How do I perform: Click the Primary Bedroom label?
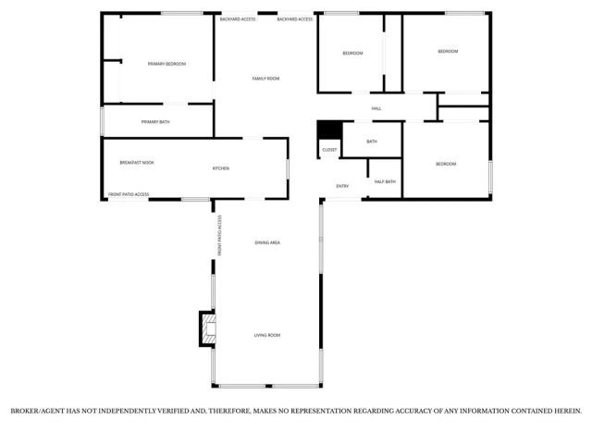[x=166, y=64]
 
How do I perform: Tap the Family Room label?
[x=265, y=79]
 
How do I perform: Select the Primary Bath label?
[x=155, y=122]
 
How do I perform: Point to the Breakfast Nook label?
[x=137, y=163]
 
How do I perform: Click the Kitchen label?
[x=221, y=168]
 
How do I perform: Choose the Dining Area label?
[x=267, y=242]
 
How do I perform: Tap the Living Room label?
[x=267, y=335]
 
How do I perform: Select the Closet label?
[x=329, y=150]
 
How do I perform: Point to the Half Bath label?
[x=385, y=181]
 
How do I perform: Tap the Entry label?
[x=342, y=187]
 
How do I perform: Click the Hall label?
[x=376, y=109]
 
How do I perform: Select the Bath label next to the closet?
[x=371, y=142]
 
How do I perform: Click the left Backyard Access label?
[x=239, y=18]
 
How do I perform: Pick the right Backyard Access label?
[x=295, y=18]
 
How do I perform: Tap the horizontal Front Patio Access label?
[x=129, y=194]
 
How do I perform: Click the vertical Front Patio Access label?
[x=220, y=236]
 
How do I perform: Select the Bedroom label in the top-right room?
[x=448, y=52]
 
